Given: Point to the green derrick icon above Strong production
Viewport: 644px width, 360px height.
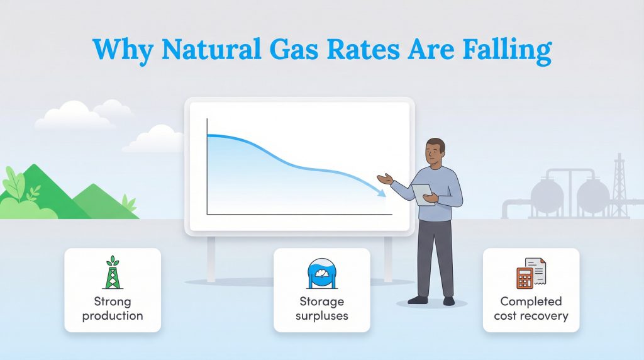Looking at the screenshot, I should tap(113, 273).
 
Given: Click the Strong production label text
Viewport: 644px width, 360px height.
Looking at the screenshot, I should tap(113, 308).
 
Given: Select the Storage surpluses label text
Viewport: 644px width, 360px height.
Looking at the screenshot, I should tap(321, 308).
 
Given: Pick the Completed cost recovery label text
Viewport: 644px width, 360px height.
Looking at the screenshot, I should tap(531, 308).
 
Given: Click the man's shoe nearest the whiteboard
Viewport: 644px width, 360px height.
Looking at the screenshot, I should tap(418, 300).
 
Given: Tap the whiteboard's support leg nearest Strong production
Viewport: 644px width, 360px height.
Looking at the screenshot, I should tap(211, 258).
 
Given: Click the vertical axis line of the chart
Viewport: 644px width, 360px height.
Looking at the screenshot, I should tap(207, 167).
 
